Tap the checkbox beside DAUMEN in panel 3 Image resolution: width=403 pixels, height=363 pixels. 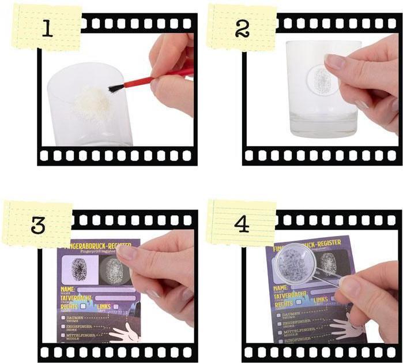tap(62, 317)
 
